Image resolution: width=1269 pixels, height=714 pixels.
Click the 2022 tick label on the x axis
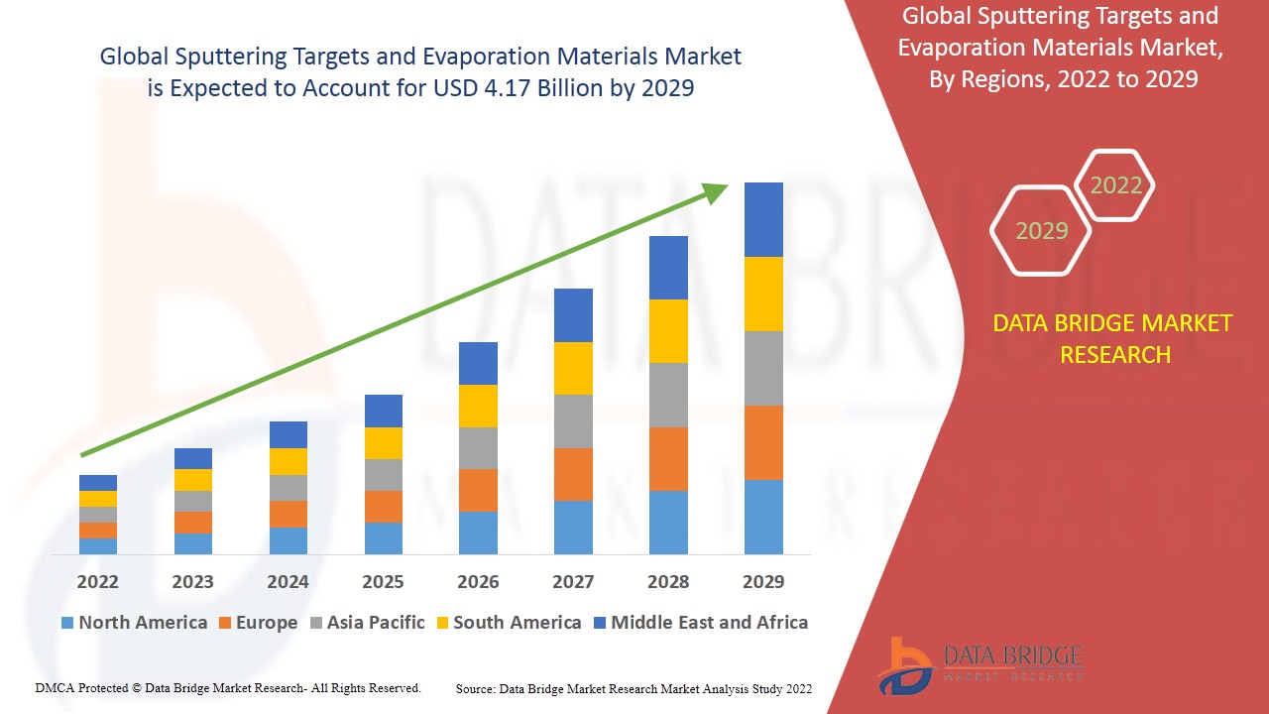[98, 581]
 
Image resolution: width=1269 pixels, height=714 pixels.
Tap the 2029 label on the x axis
[763, 581]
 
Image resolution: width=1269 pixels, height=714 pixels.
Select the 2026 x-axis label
[478, 581]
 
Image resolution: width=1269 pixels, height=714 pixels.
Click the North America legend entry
[134, 623]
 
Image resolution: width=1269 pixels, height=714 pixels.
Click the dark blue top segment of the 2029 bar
[763, 219]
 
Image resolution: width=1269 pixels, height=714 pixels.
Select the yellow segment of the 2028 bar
[668, 331]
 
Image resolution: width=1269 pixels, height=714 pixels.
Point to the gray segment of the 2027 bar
[573, 421]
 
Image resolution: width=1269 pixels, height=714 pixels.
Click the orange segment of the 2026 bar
[478, 490]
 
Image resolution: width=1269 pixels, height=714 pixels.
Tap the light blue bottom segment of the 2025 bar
[384, 537]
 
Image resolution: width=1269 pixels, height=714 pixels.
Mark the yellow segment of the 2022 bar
[98, 499]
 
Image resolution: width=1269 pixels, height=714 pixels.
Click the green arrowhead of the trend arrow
[715, 191]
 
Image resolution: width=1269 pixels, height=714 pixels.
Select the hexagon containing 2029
[1041, 231]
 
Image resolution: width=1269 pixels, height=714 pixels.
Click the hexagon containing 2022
[1115, 185]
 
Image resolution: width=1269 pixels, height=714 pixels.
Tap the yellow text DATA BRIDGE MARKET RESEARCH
[1115, 338]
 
